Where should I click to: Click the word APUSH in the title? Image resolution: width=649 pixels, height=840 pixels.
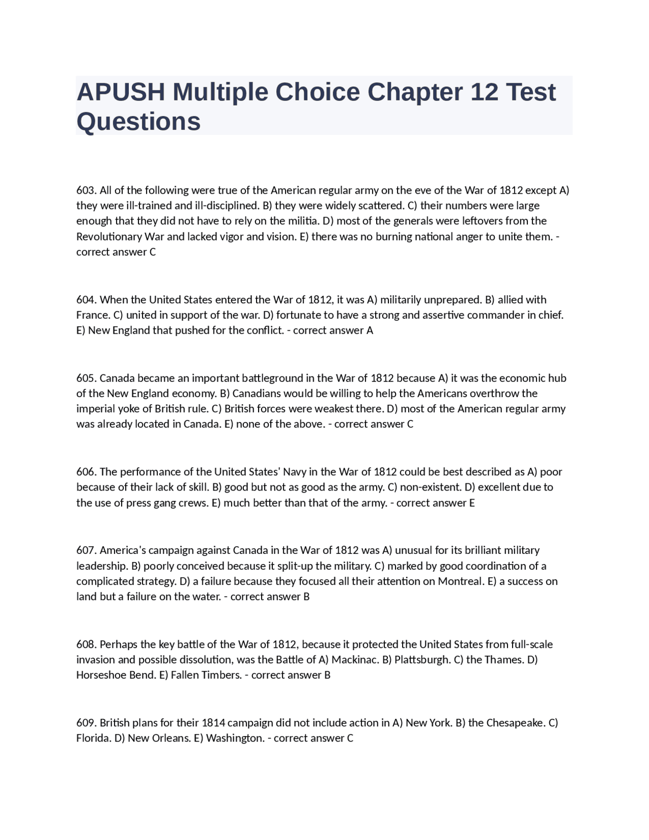pyautogui.click(x=121, y=92)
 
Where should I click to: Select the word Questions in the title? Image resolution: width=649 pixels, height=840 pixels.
pyautogui.click(x=138, y=122)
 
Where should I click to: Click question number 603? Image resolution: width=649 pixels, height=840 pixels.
pyautogui.click(x=86, y=190)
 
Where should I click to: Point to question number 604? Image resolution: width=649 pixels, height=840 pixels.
pyautogui.click(x=86, y=300)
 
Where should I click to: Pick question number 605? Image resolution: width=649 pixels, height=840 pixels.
pyautogui.click(x=86, y=378)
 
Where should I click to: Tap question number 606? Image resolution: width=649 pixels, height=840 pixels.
pyautogui.click(x=86, y=472)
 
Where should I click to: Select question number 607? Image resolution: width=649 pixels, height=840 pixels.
pyautogui.click(x=86, y=550)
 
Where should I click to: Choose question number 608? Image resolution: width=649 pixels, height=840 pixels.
pyautogui.click(x=86, y=644)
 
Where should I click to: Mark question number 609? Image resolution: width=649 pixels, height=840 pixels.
pyautogui.click(x=86, y=723)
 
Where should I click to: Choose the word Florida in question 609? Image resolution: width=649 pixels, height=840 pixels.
pyautogui.click(x=94, y=738)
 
